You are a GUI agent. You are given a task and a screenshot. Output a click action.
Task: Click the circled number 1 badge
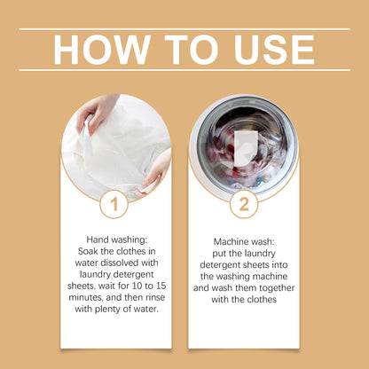tap(114, 206)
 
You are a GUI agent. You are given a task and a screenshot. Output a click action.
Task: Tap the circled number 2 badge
tap(243, 206)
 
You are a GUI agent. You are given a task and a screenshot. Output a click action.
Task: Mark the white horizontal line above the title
tap(184, 28)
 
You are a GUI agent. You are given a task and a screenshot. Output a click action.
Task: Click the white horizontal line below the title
tap(184, 70)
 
